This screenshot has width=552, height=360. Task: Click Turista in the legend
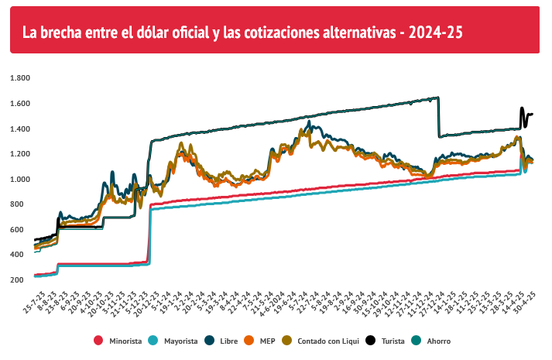pyautogui.click(x=393, y=341)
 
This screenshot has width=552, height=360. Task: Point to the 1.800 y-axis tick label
pyautogui.click(x=19, y=78)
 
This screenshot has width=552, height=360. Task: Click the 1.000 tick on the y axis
pyautogui.click(x=19, y=180)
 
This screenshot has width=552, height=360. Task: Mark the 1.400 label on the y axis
pyautogui.click(x=19, y=129)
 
